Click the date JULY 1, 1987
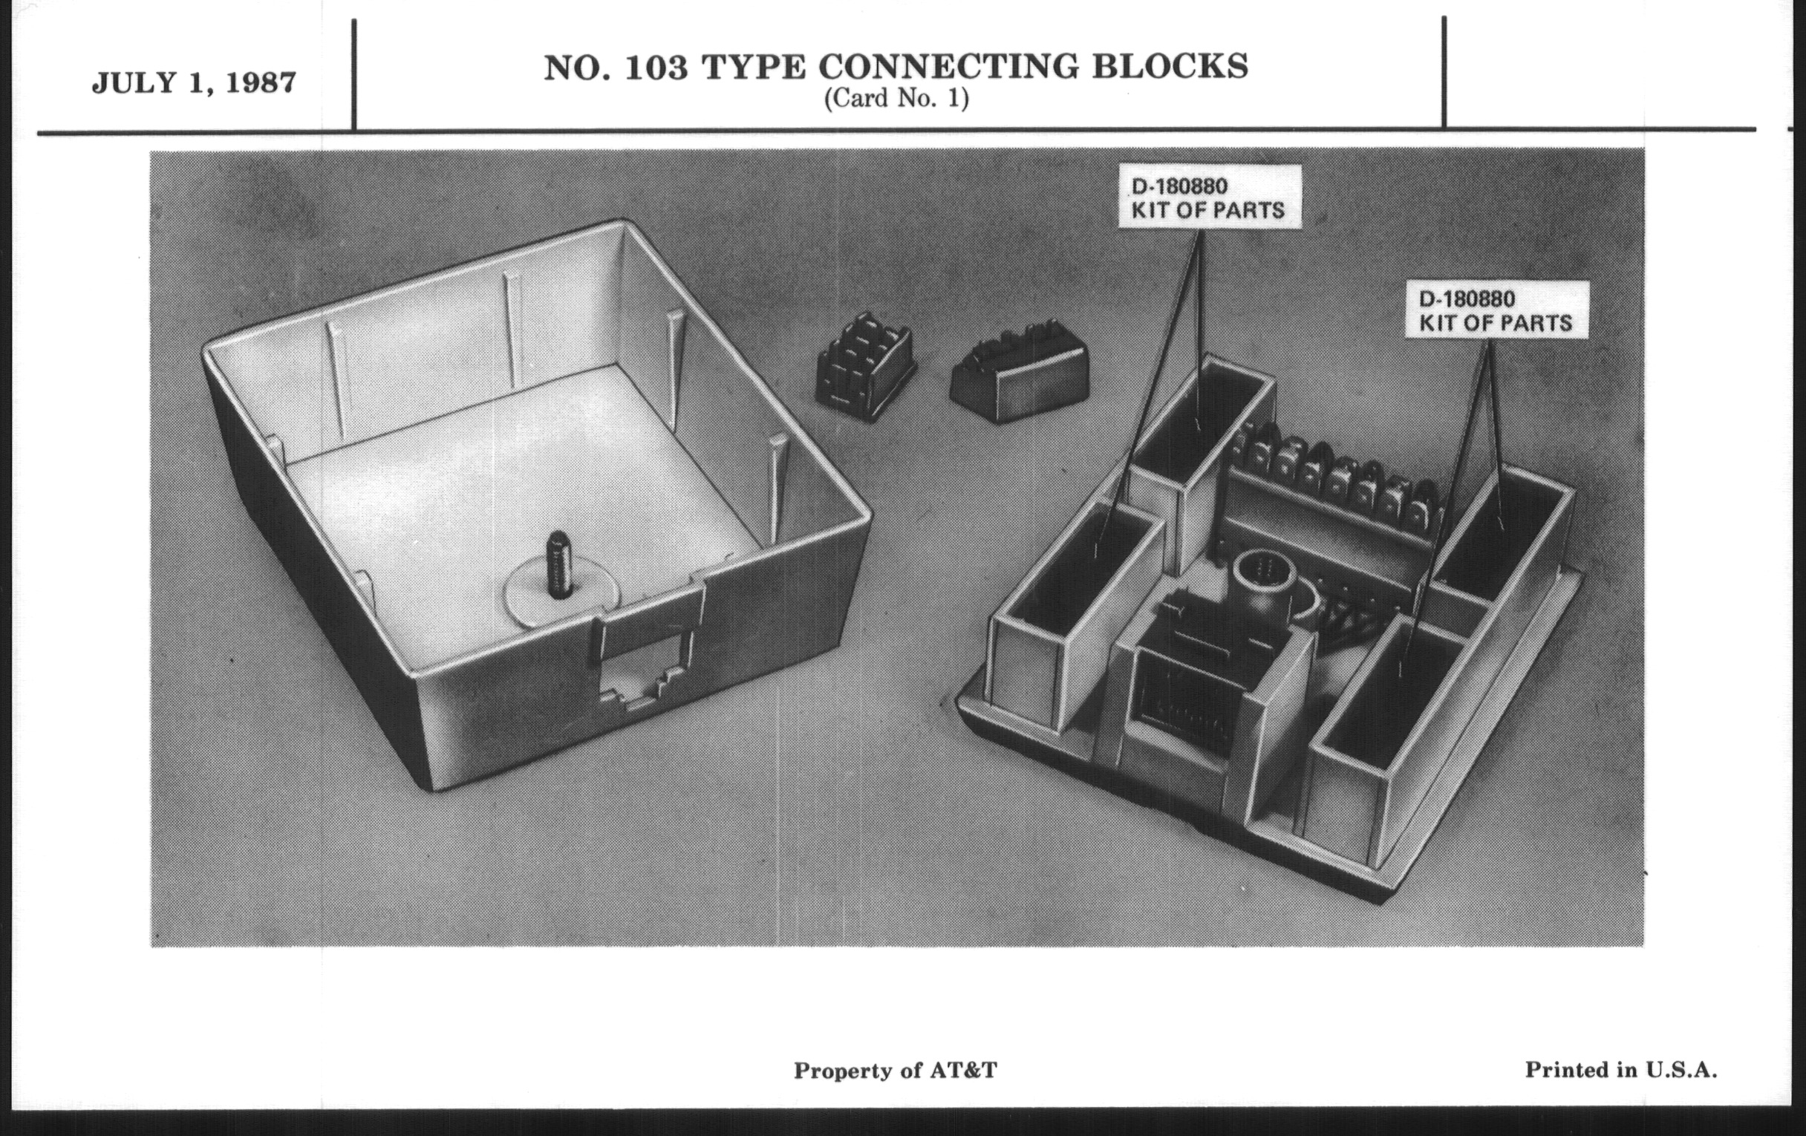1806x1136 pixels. pyautogui.click(x=194, y=82)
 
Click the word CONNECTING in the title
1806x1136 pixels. pyautogui.click(x=949, y=67)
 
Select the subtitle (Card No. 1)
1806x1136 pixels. pyautogui.click(x=896, y=99)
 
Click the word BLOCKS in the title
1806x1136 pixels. pyautogui.click(x=1170, y=67)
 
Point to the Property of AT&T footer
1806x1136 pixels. pyautogui.click(x=896, y=1071)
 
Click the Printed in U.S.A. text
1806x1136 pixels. pyautogui.click(x=1621, y=1070)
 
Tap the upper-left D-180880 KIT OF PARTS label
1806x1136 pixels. pyautogui.click(x=1207, y=198)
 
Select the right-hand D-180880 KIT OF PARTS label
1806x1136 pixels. pyautogui.click(x=1496, y=310)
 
